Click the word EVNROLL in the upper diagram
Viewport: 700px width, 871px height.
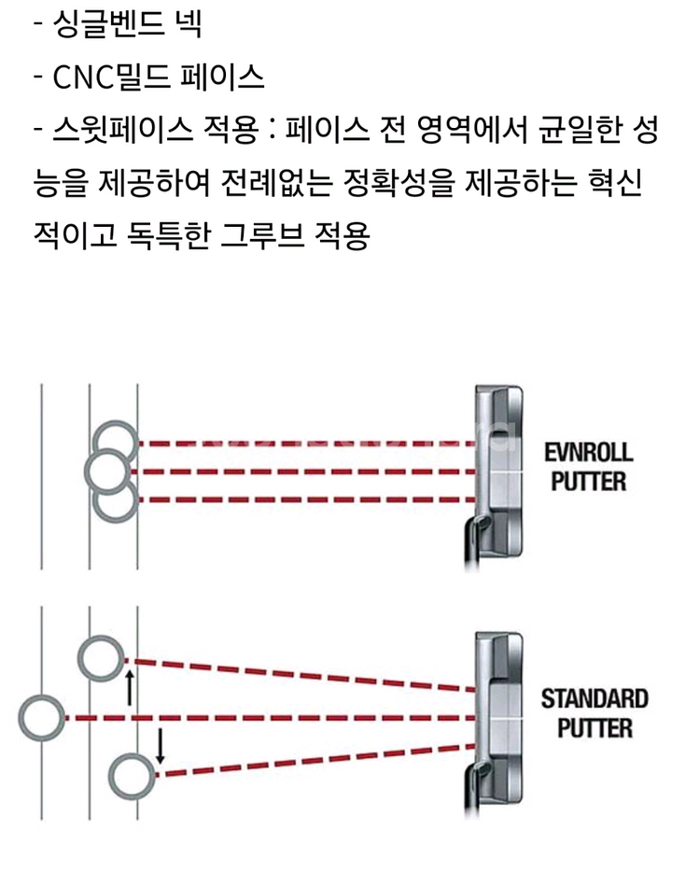coord(588,454)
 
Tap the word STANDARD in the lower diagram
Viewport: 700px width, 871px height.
coord(594,698)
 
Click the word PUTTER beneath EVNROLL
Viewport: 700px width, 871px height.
coord(588,483)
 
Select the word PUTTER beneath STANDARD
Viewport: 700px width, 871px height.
coord(595,727)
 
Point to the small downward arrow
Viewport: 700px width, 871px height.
coord(160,745)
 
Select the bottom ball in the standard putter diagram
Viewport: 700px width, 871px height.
coord(131,777)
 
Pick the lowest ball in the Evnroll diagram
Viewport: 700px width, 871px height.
coord(116,500)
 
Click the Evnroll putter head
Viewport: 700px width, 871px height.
coord(496,471)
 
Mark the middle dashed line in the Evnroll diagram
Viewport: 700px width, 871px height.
coord(299,471)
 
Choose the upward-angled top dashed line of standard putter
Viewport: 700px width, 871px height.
coord(299,674)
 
